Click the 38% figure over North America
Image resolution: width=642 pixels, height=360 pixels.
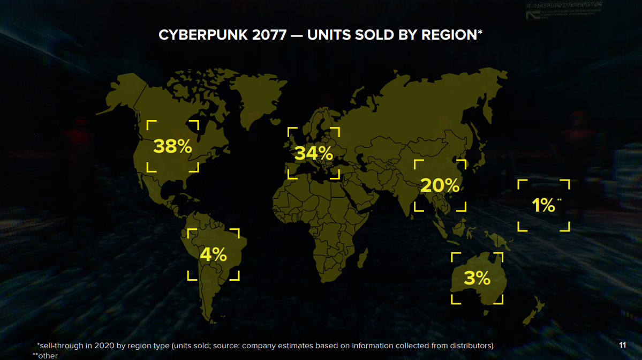click(x=172, y=146)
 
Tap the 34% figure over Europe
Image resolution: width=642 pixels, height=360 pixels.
click(x=314, y=153)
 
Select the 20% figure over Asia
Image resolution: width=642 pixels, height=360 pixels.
click(x=440, y=185)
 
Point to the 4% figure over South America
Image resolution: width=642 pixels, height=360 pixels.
click(x=213, y=254)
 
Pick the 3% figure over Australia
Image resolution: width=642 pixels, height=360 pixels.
click(x=477, y=278)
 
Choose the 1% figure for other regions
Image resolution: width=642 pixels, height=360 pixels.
click(x=543, y=205)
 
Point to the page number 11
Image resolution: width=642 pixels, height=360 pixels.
click(x=622, y=344)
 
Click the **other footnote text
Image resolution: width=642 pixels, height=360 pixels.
click(x=45, y=355)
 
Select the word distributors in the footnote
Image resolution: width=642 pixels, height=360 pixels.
click(x=469, y=346)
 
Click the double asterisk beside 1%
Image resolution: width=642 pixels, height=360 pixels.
click(x=560, y=200)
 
